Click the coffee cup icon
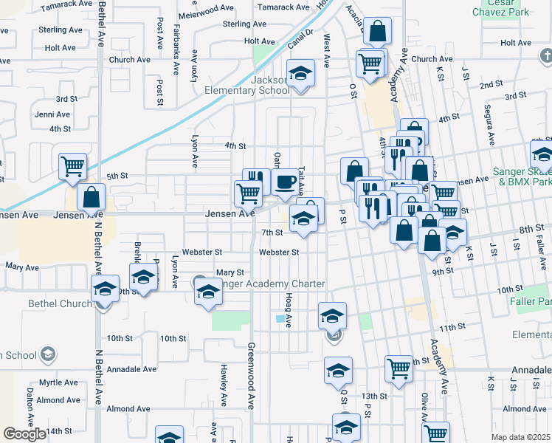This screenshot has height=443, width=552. point(285,181)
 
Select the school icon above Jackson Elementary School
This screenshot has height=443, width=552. point(300,74)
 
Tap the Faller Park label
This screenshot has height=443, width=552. point(531,301)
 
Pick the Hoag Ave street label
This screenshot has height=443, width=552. point(289,310)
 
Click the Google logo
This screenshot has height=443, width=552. point(24,434)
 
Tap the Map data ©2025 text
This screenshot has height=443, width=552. point(520,437)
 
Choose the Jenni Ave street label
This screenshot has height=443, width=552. point(52,114)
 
